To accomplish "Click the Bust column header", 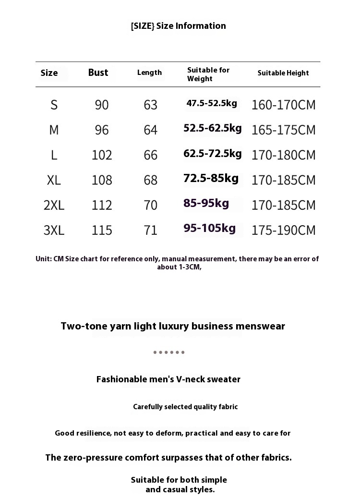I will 98,73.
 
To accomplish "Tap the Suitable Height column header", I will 283,73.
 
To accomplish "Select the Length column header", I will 149,73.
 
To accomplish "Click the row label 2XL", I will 54,205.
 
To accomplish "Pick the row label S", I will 54,105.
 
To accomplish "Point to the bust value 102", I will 102,155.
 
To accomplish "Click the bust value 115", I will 102,230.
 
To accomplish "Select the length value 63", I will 151,105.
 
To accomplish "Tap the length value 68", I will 151,180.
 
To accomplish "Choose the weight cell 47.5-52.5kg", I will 212,103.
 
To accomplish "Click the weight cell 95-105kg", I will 210,228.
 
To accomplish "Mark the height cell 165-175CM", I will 284,130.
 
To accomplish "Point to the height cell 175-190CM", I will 284,230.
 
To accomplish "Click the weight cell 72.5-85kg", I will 211,178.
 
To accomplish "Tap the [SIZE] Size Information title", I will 178,26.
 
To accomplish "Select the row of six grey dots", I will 169,353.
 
